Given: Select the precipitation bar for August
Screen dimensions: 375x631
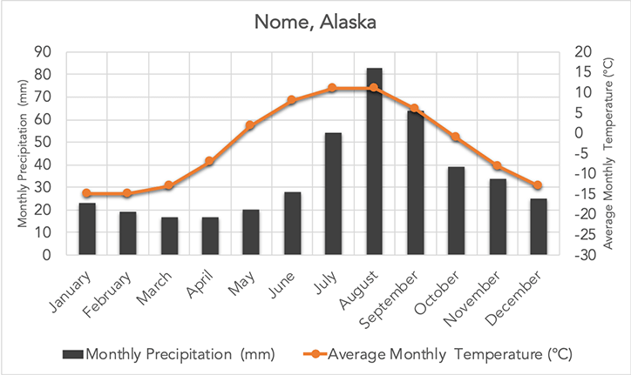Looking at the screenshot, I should tap(374, 161).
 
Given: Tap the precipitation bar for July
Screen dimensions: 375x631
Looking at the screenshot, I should tap(333, 194).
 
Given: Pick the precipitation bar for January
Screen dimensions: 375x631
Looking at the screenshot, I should tap(86, 229).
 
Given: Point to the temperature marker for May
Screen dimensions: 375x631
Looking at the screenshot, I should tap(250, 125).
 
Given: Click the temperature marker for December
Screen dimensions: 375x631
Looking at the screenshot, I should tap(538, 185).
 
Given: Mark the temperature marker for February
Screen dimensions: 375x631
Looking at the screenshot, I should tap(127, 193).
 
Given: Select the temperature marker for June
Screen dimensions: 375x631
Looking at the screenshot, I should tap(292, 100).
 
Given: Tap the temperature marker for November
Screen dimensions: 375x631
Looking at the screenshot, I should tap(497, 165).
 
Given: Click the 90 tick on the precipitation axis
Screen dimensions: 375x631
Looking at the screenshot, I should tap(42, 51).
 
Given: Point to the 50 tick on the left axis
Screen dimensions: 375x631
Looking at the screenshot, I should tap(42, 142).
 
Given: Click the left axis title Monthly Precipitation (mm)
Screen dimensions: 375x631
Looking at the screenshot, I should tap(23, 153).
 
